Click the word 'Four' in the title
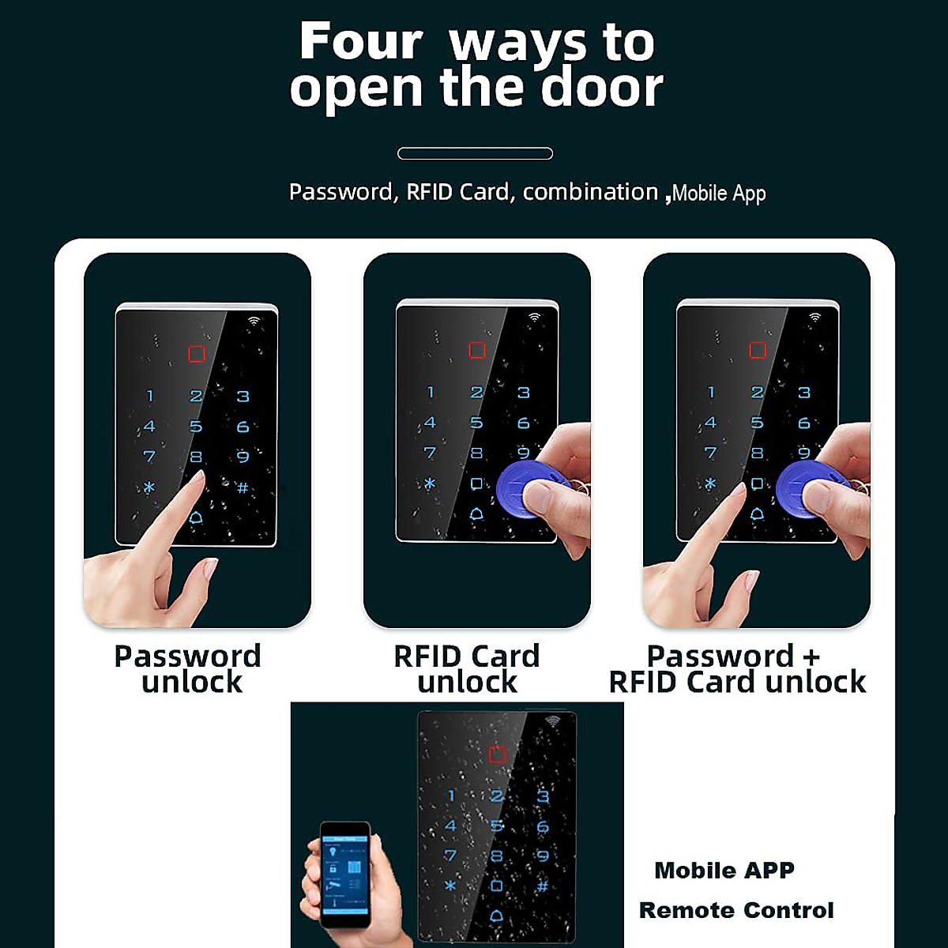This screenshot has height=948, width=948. (x=361, y=41)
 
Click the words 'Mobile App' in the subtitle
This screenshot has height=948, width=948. (x=719, y=194)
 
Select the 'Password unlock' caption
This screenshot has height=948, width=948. (x=189, y=668)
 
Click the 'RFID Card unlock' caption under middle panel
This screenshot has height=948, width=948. (x=467, y=668)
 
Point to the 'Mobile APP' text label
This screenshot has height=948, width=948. (x=724, y=870)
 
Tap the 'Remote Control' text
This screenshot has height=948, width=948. (x=736, y=910)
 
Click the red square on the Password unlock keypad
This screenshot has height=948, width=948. (x=196, y=353)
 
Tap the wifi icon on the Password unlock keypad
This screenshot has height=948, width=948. (x=254, y=322)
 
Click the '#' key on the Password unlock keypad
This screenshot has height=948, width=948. (x=243, y=487)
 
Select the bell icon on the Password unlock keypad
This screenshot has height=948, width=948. (x=196, y=518)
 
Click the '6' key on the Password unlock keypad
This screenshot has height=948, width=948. (x=243, y=427)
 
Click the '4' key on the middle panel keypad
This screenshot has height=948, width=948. (x=430, y=423)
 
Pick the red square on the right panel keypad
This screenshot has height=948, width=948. (x=757, y=350)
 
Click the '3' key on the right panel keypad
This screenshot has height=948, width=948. (x=804, y=393)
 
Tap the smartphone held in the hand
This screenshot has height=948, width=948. (x=345, y=875)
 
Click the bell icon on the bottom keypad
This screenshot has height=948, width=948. (x=496, y=916)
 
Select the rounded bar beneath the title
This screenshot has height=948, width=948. (x=475, y=153)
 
